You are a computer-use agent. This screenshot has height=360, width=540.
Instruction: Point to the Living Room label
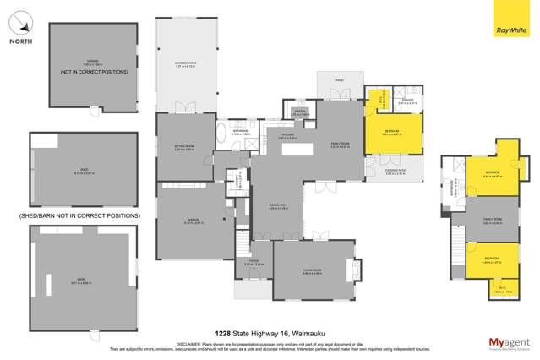point(313,270)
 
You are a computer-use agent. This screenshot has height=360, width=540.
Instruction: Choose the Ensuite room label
point(407,102)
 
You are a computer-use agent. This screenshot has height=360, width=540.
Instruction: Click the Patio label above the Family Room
point(340,81)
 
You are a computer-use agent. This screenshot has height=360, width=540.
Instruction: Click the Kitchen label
point(286,135)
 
